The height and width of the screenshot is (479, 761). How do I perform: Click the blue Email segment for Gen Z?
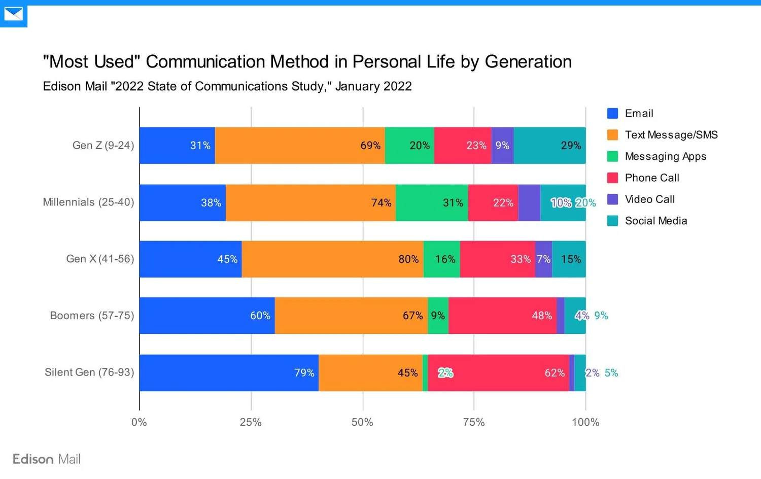click(177, 146)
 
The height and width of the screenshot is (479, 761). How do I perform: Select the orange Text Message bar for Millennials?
click(310, 202)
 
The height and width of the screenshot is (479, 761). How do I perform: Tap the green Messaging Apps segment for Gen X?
click(441, 259)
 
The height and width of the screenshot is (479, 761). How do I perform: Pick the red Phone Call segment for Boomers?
click(502, 316)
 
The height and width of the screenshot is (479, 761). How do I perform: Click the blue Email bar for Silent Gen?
click(229, 373)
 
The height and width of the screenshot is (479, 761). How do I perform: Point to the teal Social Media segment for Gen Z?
click(549, 146)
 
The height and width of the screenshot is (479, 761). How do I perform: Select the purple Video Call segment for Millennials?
click(529, 202)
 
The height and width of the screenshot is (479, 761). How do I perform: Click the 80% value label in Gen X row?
click(408, 259)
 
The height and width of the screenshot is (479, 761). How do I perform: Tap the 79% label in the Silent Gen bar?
click(304, 373)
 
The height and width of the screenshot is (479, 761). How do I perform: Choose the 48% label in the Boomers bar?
click(542, 316)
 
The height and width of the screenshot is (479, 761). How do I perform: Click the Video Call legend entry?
click(649, 199)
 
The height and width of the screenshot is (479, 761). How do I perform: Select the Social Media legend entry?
click(655, 221)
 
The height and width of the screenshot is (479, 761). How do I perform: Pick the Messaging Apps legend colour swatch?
click(612, 156)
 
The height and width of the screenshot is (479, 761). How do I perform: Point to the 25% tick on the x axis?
click(251, 422)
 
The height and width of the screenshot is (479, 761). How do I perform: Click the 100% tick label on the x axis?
click(585, 422)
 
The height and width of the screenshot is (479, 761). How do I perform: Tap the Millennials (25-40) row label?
click(88, 202)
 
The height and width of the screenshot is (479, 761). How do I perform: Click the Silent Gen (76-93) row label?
click(89, 372)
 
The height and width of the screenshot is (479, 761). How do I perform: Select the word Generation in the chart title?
click(528, 62)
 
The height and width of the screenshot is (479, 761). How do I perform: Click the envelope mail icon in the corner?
click(14, 14)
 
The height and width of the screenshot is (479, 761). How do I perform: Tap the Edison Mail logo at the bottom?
click(47, 459)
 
